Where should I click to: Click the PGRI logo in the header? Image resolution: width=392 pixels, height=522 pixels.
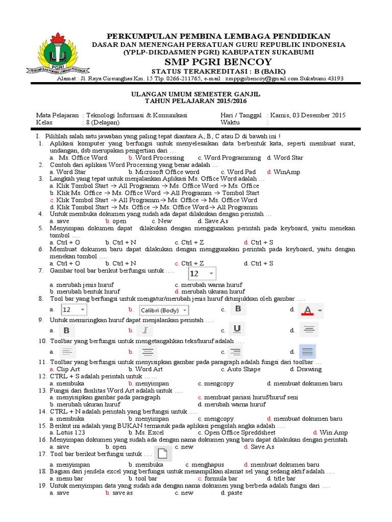point(64,53)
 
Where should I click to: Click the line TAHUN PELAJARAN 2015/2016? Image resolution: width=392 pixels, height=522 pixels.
point(195,101)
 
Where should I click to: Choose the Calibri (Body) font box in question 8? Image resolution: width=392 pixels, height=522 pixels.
point(164,310)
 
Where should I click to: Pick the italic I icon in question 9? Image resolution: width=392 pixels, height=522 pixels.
point(145,330)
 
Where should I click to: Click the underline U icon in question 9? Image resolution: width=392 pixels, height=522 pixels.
point(236,330)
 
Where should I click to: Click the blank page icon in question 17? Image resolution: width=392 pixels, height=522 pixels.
point(162,453)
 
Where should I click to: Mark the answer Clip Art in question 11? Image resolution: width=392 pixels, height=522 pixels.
point(68,369)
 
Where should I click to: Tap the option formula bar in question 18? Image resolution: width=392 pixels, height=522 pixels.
point(221,479)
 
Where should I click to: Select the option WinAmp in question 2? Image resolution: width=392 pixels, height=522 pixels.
point(286,172)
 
